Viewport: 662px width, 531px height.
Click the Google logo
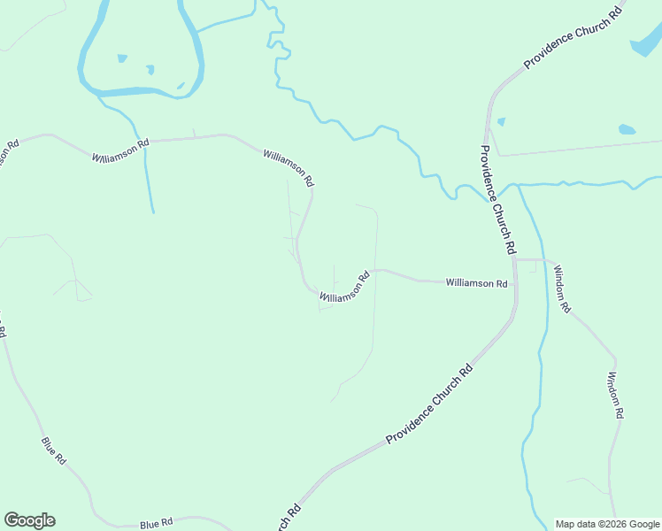pos(29,520)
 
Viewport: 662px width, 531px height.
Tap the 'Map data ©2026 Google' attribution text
pos(608,524)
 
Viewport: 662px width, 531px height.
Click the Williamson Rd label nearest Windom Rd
pos(476,283)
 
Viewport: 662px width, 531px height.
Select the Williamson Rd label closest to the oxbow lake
pos(120,150)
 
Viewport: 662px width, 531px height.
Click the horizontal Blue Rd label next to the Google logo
pos(156,525)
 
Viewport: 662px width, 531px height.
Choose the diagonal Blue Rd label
pos(53,450)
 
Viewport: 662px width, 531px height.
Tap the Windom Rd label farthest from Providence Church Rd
pos(616,395)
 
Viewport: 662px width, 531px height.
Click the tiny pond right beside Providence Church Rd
pos(501,121)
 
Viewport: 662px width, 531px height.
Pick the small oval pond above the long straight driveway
pos(627,129)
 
